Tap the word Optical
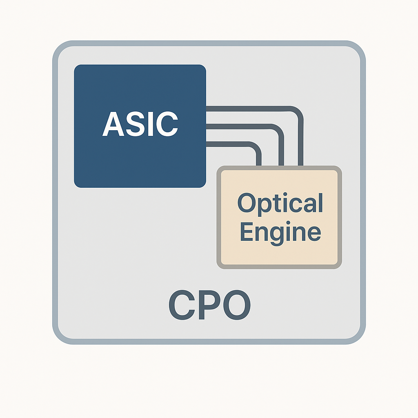(280, 203)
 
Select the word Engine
(280, 232)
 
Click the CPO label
(209, 306)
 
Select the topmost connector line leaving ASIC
(249, 109)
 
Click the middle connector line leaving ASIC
(241, 127)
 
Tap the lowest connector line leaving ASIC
(229, 144)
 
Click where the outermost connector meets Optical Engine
(301, 165)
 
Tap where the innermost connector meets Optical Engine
(258, 165)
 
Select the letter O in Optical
(246, 203)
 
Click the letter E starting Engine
(246, 232)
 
